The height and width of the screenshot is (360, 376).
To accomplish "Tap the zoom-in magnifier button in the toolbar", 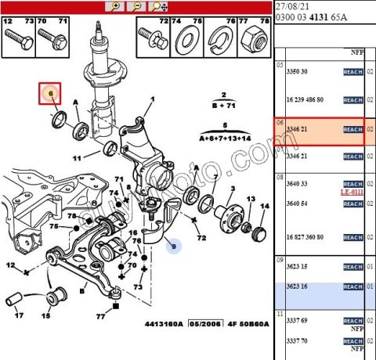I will point(117,5).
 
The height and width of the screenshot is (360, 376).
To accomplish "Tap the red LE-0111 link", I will point(352,192).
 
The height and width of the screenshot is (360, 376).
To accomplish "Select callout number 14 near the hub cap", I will point(264,206).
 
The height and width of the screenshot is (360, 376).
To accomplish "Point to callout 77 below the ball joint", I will point(101,317).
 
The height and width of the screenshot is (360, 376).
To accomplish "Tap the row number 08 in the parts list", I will point(279,178).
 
